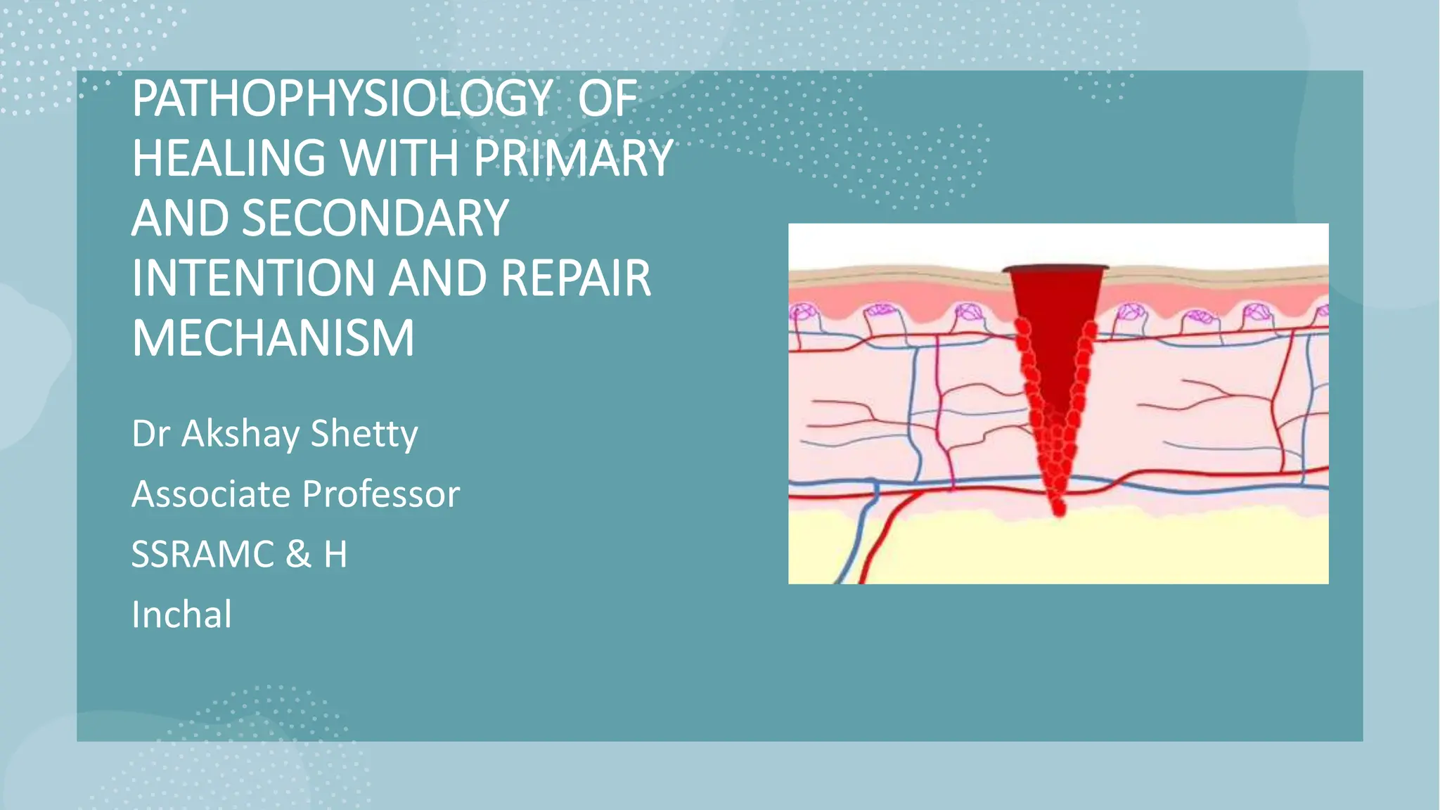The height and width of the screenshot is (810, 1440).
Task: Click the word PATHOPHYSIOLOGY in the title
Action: pos(342,98)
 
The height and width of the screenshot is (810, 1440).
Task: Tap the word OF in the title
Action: pos(607,98)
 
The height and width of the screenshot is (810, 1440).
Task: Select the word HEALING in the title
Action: pos(229,158)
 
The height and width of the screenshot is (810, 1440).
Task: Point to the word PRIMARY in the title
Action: pos(573,158)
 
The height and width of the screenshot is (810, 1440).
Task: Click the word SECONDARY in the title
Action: pos(375,218)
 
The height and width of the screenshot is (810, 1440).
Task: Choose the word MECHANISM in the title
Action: pos(273,338)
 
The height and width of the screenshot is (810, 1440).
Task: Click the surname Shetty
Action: pos(364,434)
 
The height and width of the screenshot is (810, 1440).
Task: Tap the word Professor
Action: pos(381,494)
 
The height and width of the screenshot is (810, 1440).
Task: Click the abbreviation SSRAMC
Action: pos(202,554)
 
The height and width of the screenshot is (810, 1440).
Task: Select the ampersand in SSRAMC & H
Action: pos(298,554)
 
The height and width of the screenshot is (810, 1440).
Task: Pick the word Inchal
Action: pos(181,615)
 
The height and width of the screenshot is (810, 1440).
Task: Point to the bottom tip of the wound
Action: pos(1058,510)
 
